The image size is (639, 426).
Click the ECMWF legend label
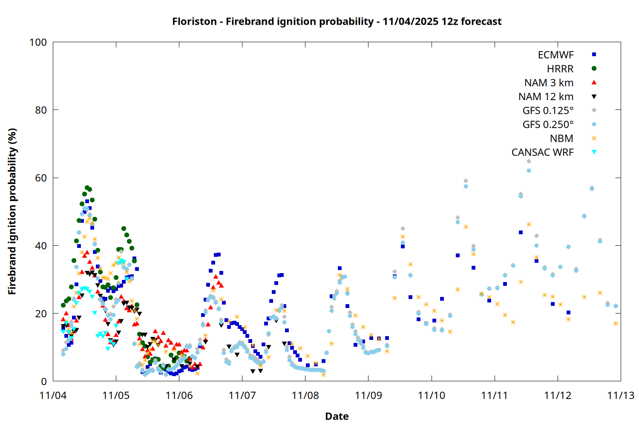tap(556, 55)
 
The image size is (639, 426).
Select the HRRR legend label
tap(560, 69)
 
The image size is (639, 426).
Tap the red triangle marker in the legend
tap(594, 83)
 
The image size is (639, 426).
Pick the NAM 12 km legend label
tap(546, 97)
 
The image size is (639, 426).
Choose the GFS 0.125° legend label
tap(548, 111)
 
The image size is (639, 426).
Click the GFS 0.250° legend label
tap(548, 125)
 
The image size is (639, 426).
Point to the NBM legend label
tap(561, 138)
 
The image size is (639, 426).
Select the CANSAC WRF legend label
tap(542, 153)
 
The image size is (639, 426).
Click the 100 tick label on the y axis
tap(38, 42)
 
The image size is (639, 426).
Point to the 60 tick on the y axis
tap(41, 178)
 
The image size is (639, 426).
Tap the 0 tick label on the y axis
tap(44, 382)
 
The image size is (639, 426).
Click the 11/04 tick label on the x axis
tap(53, 396)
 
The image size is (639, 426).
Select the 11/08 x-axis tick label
tap(305, 396)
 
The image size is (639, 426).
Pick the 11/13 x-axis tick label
tap(621, 396)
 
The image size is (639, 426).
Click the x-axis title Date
tap(337, 416)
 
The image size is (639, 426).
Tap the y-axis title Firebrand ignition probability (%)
tap(12, 211)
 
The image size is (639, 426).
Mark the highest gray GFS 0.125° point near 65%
tap(529, 161)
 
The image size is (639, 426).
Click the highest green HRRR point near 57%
tap(87, 187)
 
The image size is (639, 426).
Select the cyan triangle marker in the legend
tap(594, 152)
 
